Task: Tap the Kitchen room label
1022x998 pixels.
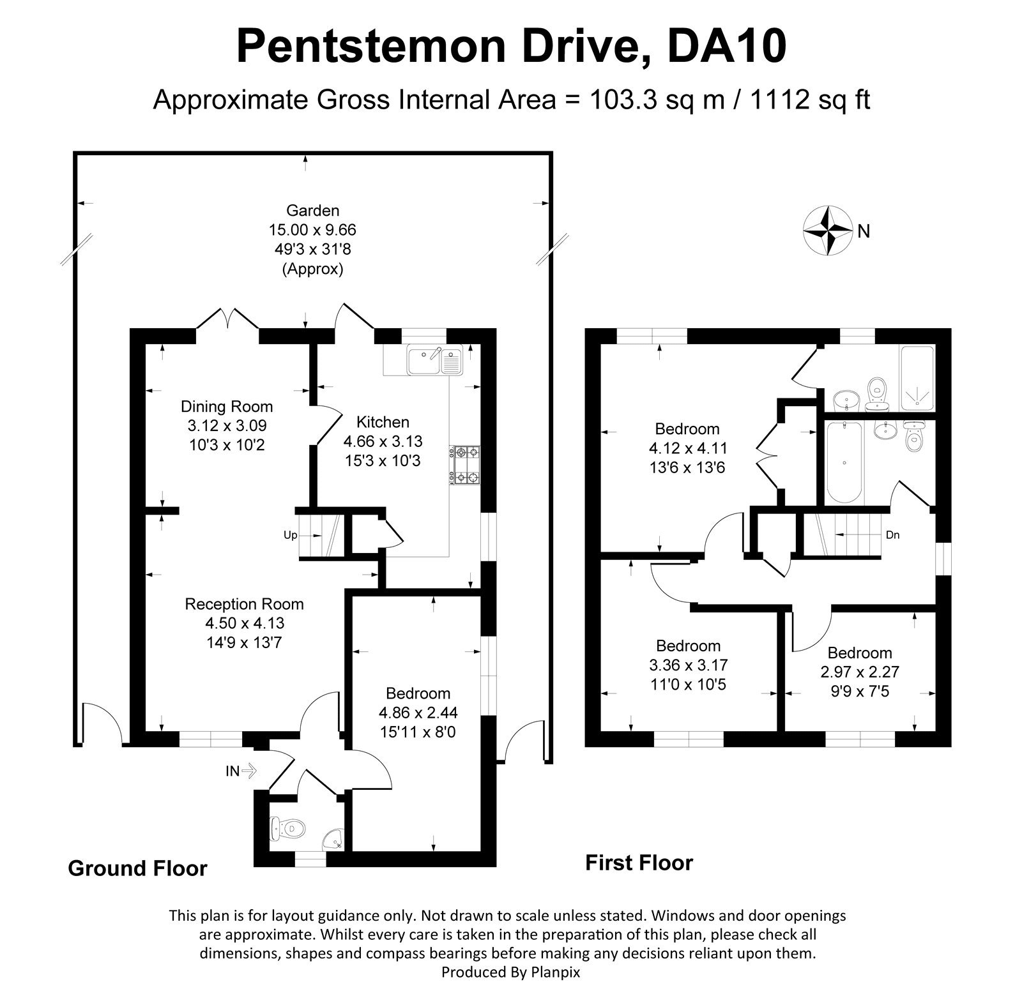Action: pyautogui.click(x=383, y=422)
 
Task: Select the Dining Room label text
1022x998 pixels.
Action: pyautogui.click(x=227, y=407)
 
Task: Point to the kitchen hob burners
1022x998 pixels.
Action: pyautogui.click(x=466, y=464)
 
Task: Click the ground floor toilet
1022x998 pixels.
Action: pyautogui.click(x=287, y=828)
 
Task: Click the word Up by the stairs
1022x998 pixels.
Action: pyautogui.click(x=291, y=535)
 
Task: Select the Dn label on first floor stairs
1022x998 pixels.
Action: pyautogui.click(x=892, y=535)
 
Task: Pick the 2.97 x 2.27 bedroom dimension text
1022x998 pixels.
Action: pyautogui.click(x=860, y=672)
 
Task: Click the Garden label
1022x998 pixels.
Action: pyautogui.click(x=312, y=210)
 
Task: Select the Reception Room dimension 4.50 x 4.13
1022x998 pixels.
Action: pyautogui.click(x=244, y=623)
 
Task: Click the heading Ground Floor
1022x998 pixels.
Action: pyautogui.click(x=137, y=868)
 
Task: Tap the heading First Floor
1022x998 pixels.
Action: pyautogui.click(x=639, y=863)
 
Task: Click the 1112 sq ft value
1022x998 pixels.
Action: pyautogui.click(x=806, y=100)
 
